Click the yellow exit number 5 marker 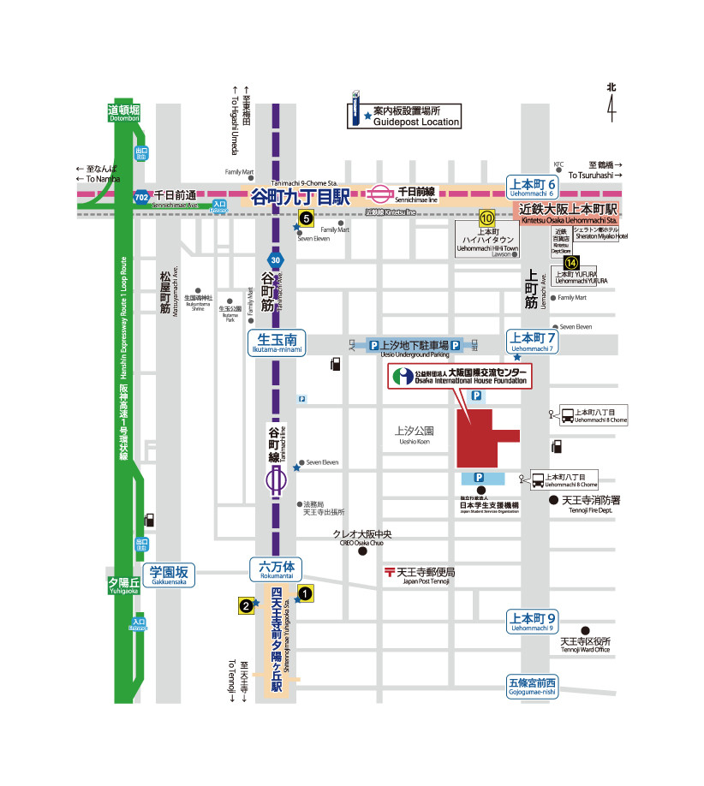coord(306,217)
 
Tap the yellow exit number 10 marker coord(486,217)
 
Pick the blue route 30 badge coord(273,260)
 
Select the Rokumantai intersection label coord(276,569)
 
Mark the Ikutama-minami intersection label coord(277,342)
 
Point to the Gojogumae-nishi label coord(532,686)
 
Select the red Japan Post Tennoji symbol coord(390,571)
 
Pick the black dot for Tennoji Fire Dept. coord(553,500)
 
